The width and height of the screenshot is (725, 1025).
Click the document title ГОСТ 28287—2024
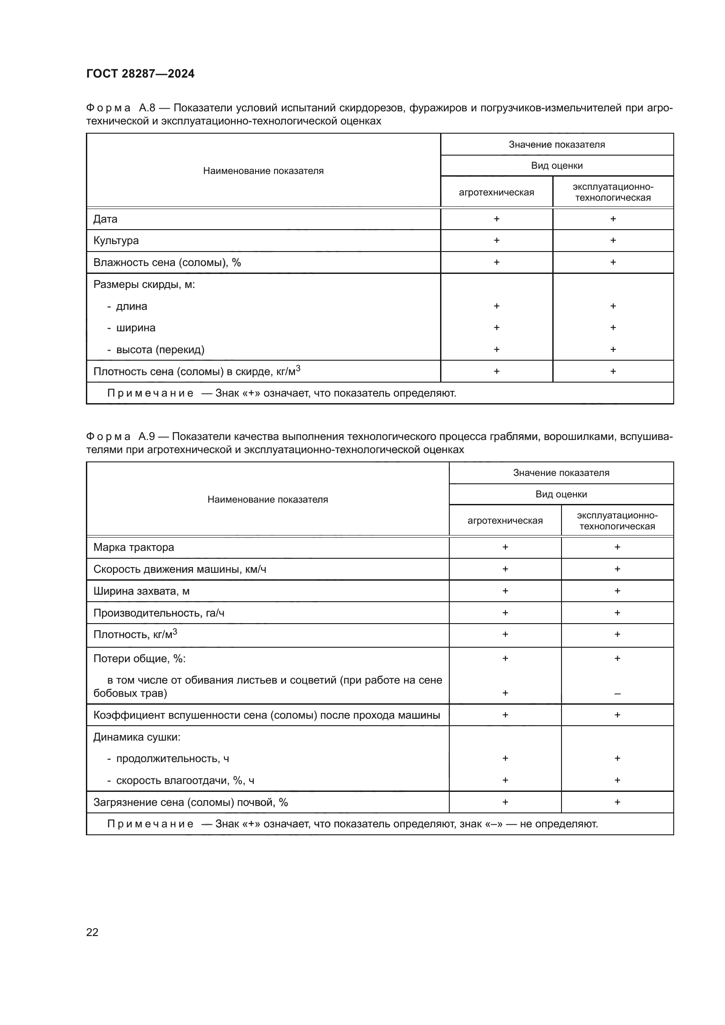point(140,74)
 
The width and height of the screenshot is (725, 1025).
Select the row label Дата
point(105,219)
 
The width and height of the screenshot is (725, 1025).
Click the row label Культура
point(116,241)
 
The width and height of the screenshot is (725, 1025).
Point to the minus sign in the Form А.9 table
point(617,694)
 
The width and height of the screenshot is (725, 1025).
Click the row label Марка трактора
point(134,547)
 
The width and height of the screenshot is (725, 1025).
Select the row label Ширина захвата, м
point(141,591)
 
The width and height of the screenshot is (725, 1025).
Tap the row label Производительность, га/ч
point(159,613)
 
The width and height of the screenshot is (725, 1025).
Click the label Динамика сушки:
point(137,737)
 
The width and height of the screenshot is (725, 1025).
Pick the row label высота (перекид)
point(160,350)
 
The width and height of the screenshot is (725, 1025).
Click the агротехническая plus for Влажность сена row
point(497,262)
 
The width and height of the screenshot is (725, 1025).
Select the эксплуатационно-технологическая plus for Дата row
point(613,219)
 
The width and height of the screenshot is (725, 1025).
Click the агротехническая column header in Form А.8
point(497,192)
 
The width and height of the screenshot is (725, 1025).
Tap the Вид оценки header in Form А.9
point(561,494)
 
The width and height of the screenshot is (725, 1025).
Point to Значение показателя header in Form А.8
point(557,145)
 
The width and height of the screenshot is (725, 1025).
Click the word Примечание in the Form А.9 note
point(150,824)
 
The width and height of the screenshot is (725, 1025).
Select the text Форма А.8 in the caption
point(120,108)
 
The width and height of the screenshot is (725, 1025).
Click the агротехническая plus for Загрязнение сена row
point(505,802)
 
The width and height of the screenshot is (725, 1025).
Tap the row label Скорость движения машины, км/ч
point(179,569)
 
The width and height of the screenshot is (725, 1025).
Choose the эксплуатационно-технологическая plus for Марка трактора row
point(617,547)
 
